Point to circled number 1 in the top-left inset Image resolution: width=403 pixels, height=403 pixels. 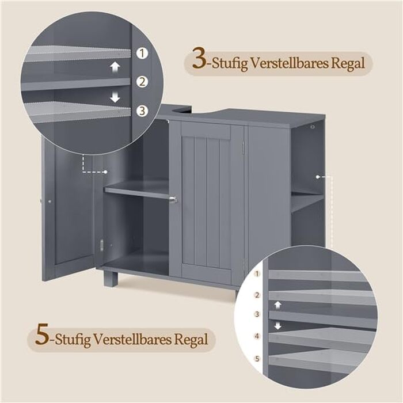pos(142,53)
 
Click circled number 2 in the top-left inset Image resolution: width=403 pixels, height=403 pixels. pos(142,82)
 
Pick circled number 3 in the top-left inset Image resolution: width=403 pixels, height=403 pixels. pos(142,111)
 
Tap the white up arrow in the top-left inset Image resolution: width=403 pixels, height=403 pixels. pos(115,67)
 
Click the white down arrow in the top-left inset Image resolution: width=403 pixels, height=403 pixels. pos(115,97)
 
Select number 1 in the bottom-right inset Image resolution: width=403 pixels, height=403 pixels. pos(257,273)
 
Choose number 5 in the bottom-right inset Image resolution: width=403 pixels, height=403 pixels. pos(257,359)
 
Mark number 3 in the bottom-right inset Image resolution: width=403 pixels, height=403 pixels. pos(257,314)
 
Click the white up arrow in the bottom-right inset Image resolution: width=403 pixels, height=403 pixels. pos(277,305)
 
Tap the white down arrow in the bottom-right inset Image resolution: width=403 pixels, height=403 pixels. pos(277,326)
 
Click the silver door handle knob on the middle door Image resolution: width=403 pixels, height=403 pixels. pos(174,199)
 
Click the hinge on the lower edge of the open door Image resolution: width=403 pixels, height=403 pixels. pos(101,245)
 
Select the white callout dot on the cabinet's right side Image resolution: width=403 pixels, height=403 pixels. pos(318,177)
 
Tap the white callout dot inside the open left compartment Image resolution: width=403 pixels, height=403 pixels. pos(105,172)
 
